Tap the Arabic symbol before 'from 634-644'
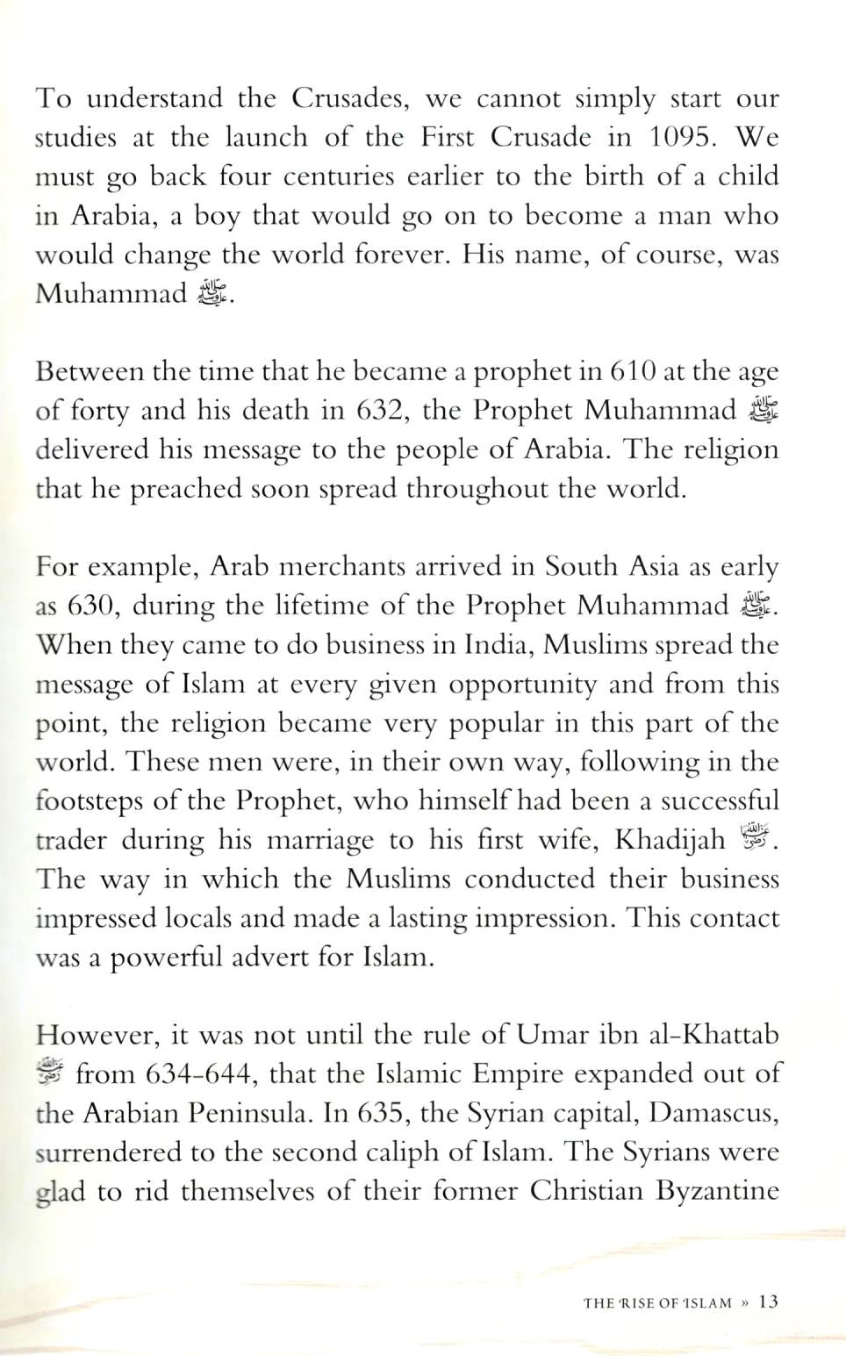pos(50,1073)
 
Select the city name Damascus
pos(713,1113)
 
